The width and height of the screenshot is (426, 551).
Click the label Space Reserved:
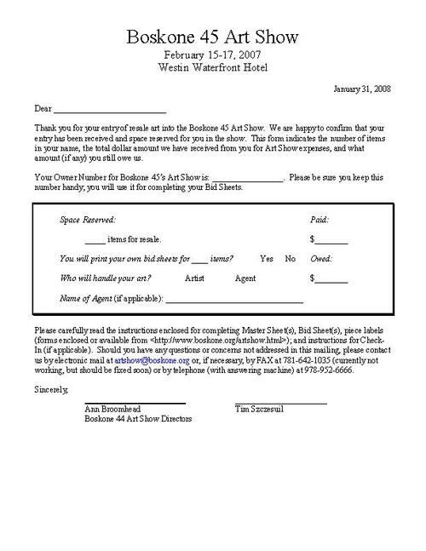[88, 220]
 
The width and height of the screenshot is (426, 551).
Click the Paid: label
[320, 220]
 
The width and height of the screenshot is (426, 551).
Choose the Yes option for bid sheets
[267, 259]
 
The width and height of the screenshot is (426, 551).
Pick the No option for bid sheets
[290, 259]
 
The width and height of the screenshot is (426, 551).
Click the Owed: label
[321, 259]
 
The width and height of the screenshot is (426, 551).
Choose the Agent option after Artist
[245, 278]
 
